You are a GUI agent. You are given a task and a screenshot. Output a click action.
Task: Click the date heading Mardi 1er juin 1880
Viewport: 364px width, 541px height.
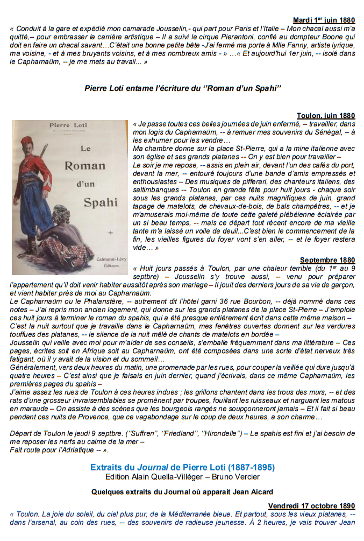(x=324, y=20)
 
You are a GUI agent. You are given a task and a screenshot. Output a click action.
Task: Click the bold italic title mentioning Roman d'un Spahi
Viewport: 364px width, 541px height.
(x=183, y=88)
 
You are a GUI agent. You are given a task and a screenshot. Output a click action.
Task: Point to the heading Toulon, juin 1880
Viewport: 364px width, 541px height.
(x=326, y=115)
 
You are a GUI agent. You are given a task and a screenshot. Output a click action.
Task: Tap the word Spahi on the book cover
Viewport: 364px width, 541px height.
(x=100, y=202)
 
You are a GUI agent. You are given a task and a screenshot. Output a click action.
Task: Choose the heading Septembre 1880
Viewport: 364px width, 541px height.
(x=327, y=260)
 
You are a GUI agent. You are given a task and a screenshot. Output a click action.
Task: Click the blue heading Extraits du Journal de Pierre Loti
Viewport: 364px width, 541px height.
(x=182, y=467)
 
